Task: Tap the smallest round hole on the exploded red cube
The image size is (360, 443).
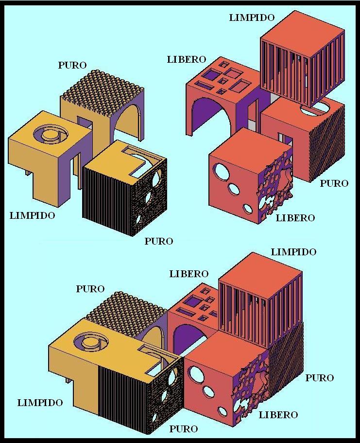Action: pos(248,209)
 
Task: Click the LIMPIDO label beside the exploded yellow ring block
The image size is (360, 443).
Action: pos(33,215)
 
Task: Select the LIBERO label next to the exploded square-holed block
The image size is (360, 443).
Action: pos(187,60)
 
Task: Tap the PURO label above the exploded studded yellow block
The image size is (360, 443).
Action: pos(72,65)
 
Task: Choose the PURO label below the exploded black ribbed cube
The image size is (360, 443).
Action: pos(159,241)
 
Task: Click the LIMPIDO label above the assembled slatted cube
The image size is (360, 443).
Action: pos(293,252)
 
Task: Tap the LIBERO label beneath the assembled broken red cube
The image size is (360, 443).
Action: pos(278,415)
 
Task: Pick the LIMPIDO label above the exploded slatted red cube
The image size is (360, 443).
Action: pos(252,18)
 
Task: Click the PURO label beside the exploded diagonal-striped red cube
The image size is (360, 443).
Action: pos(334,183)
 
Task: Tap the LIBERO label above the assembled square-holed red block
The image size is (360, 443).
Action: pos(189,274)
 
